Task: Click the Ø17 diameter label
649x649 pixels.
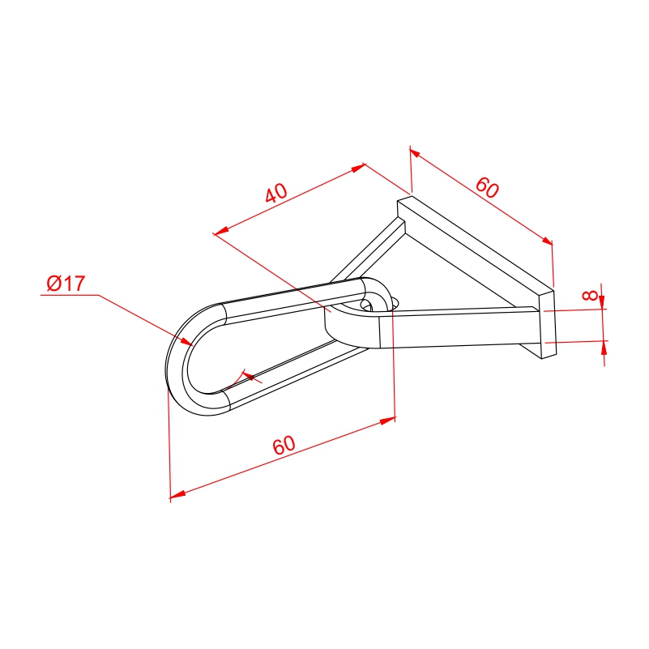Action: coord(66,283)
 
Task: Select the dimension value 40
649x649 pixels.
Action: coord(276,194)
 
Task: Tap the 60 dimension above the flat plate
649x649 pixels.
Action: coord(487,187)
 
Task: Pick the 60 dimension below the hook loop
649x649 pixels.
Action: coord(284,445)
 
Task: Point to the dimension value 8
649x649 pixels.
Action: coord(589,295)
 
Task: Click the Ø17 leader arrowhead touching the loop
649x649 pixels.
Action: coord(186,341)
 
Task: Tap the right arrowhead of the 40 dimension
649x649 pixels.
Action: coord(358,168)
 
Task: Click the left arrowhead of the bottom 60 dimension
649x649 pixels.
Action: coord(177,493)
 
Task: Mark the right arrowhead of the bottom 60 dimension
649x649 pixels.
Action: coord(387,421)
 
